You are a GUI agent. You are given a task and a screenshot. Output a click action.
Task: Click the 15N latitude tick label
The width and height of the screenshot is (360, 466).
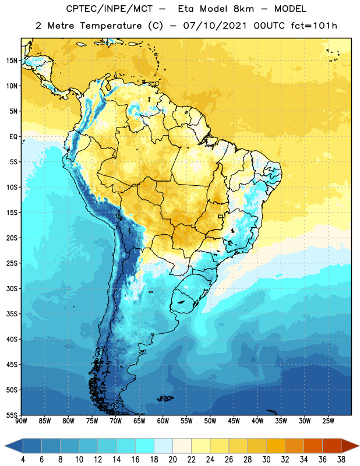pyautogui.click(x=12, y=61)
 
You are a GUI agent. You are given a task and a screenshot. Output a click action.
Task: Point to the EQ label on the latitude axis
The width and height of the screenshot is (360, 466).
pyautogui.click(x=13, y=137)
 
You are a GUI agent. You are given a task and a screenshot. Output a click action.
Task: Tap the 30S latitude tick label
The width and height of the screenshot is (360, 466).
pyautogui.click(x=12, y=288)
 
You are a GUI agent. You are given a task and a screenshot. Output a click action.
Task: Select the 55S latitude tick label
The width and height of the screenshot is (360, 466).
pyautogui.click(x=12, y=415)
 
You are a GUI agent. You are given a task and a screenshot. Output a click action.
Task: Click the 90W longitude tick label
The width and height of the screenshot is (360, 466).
pyautogui.click(x=21, y=421)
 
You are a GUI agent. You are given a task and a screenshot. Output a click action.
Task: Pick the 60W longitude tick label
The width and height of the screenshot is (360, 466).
pyautogui.click(x=163, y=421)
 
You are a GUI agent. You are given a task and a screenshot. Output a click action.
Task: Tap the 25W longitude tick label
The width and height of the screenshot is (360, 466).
pyautogui.click(x=328, y=421)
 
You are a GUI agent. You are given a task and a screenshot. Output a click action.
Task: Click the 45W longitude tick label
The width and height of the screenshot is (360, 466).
pyautogui.click(x=234, y=421)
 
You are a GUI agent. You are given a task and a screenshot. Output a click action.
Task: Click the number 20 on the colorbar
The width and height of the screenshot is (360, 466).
pyautogui.click(x=172, y=460)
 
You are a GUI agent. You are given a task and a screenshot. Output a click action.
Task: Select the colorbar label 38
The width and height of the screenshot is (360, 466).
pyautogui.click(x=341, y=460)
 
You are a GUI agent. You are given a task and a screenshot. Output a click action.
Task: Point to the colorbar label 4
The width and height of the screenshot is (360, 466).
pyautogui.click(x=23, y=460)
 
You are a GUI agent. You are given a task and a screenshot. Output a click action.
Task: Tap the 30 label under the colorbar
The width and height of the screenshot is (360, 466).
pyautogui.click(x=266, y=460)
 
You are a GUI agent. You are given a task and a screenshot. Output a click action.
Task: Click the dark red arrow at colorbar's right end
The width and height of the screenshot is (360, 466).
pyautogui.click(x=350, y=446)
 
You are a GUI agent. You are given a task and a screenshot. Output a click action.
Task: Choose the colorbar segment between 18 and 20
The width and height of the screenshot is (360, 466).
pyautogui.click(x=163, y=446)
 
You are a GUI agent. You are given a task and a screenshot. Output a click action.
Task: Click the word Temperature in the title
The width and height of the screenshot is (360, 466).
pyautogui.click(x=111, y=26)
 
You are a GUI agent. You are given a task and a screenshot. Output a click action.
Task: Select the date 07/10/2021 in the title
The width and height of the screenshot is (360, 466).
pyautogui.click(x=215, y=26)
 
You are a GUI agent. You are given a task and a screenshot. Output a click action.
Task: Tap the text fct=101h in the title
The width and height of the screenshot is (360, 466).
pyautogui.click(x=314, y=26)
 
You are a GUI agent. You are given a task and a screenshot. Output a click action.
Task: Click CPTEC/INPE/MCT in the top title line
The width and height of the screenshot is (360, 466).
pyautogui.click(x=110, y=9)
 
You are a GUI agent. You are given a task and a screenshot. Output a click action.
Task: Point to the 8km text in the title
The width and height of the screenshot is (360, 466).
pyautogui.click(x=243, y=9)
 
